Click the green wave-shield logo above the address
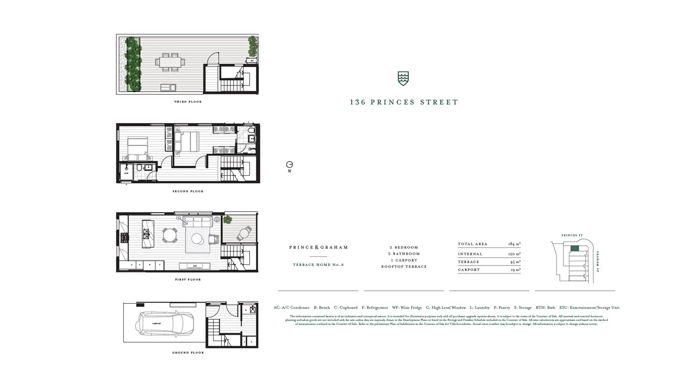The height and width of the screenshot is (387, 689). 403,78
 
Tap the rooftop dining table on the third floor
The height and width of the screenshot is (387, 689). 171,62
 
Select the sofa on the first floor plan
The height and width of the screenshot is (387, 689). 198,222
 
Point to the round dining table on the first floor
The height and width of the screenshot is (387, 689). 170,235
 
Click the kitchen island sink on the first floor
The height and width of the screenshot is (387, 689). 146,233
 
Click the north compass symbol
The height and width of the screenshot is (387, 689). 290,165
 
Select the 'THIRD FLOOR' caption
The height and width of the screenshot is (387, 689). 188,102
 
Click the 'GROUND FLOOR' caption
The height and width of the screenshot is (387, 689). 188,353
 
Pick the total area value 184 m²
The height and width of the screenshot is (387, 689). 514,244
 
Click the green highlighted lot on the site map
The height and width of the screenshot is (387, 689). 575,248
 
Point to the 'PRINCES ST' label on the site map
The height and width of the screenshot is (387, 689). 572,235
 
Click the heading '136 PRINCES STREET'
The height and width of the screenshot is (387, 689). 404,102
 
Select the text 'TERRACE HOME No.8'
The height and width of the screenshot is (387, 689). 318,264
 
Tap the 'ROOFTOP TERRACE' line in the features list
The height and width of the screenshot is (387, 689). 404,267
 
